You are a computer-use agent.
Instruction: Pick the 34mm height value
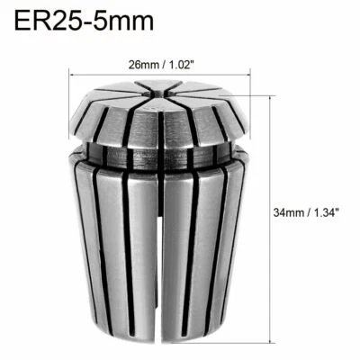tap(289, 213)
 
